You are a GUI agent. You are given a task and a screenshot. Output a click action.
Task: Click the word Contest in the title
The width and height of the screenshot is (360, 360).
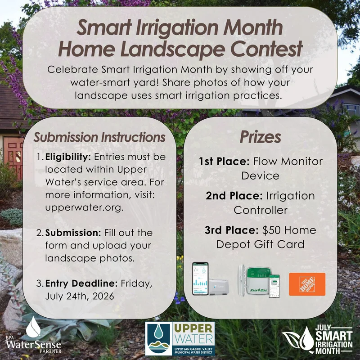pos(266,49)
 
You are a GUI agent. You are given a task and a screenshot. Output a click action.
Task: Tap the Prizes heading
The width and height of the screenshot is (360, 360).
pos(261,137)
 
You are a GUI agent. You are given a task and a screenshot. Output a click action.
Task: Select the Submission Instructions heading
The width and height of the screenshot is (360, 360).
pos(99,137)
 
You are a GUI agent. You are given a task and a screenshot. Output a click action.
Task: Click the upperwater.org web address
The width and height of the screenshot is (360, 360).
pos(84,207)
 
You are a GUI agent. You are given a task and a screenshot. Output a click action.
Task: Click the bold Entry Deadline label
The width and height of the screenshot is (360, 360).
pos(81,283)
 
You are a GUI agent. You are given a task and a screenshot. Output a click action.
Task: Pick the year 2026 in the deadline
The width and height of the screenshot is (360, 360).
pos(103,296)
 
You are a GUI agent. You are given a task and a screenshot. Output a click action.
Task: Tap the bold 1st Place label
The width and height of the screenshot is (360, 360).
pos(224,162)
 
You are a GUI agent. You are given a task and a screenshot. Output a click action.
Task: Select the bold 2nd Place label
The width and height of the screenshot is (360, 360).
pos(234,196)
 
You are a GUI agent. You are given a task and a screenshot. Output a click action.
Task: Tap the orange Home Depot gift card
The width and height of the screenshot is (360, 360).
pos(307,284)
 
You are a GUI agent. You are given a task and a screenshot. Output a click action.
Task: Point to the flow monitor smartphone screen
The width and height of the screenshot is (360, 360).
pos(200,279)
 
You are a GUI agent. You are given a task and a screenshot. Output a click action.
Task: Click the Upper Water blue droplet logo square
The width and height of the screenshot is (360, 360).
pos(158,338)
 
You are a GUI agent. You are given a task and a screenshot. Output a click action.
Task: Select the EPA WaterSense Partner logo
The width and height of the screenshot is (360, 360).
pos(33,335)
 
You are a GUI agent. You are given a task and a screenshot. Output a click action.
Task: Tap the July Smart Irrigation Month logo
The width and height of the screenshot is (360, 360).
pos(318,339)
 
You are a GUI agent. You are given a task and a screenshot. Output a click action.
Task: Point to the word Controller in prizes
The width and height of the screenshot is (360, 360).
pos(261,210)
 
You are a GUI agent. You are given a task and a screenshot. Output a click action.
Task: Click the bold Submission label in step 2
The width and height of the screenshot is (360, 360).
pos(73,233)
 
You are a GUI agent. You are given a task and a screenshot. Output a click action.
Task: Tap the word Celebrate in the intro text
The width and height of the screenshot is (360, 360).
pos(72,70)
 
